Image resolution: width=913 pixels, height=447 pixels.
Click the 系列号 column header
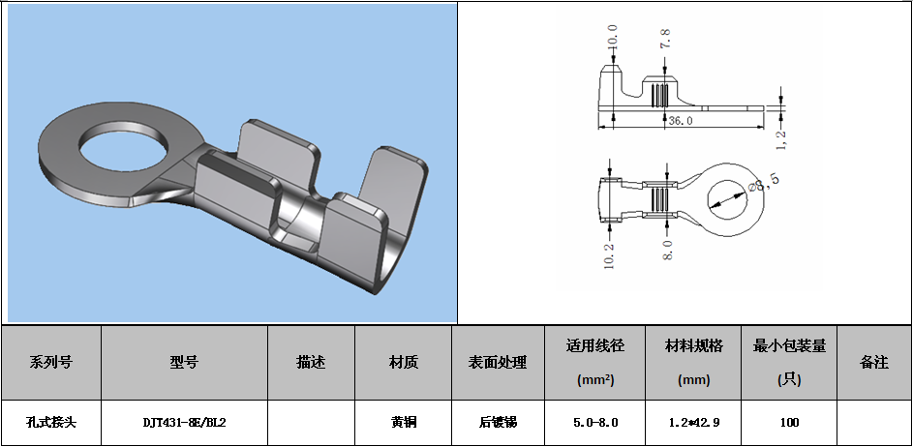coord(51,363)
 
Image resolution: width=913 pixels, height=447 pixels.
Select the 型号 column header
coord(184,363)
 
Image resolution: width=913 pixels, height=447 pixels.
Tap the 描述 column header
coord(311,363)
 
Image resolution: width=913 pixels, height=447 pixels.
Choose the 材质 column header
coord(404,363)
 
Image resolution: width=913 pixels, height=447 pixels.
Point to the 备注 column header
coord(874,363)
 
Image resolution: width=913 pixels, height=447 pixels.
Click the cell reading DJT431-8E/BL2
coord(184,423)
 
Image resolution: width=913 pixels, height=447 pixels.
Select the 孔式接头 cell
coord(51,423)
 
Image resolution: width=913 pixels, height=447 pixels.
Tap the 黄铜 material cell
coord(404,423)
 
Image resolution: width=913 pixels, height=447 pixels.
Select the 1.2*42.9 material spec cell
coord(693,423)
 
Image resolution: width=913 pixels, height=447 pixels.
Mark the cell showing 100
coord(789,423)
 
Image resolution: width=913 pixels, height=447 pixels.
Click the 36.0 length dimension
coord(682,121)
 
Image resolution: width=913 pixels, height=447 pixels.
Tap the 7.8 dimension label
coord(665,40)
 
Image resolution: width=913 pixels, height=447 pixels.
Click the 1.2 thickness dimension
coord(782,138)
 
